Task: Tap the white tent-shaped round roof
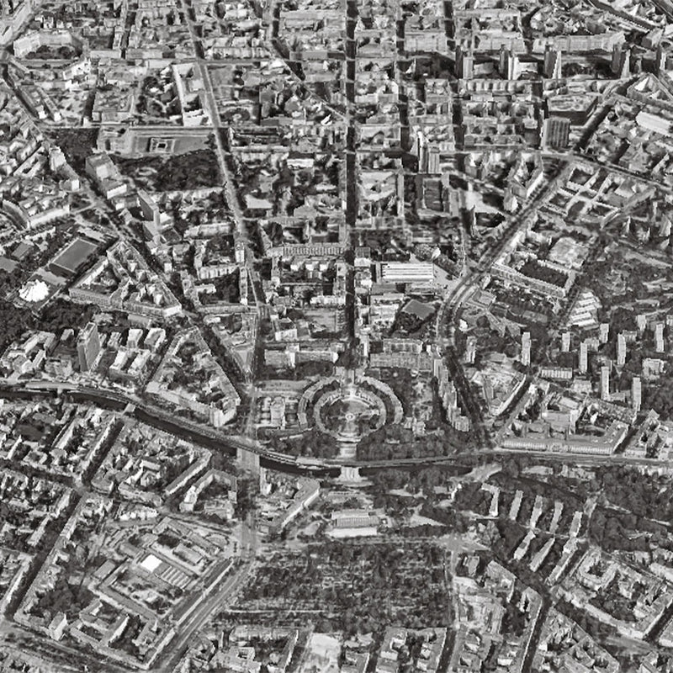coord(34,291)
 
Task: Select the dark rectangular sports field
coord(74,254)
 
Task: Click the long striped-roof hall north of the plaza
coord(406,272)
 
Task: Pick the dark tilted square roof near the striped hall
coord(418,311)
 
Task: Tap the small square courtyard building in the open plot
coord(160,144)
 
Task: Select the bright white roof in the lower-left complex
coord(151,563)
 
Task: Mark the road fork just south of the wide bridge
coord(248,538)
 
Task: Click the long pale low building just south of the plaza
coord(353,522)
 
